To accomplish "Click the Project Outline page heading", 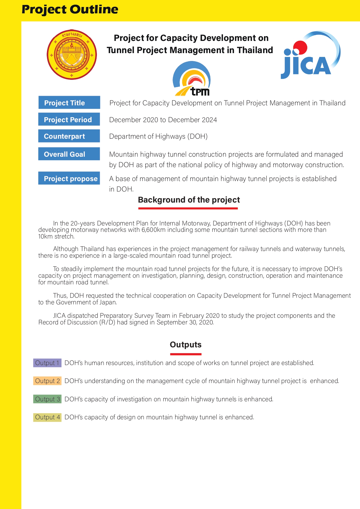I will pyautogui.click(x=70, y=10).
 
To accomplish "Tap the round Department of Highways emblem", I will pyautogui.click(x=72, y=55).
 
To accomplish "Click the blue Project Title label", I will pyautogui.click(x=69, y=103).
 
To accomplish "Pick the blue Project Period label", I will pyautogui.click(x=69, y=120).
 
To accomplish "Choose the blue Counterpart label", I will pyautogui.click(x=69, y=136).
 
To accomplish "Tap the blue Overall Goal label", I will pyautogui.click(x=69, y=154).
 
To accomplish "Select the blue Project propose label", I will pyautogui.click(x=69, y=178).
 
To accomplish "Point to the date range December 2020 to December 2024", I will pyautogui.click(x=163, y=120).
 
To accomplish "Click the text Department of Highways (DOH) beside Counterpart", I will pyautogui.click(x=158, y=136).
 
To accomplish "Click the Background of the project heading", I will pyautogui.click(x=189, y=200).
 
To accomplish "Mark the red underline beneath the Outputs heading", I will pyautogui.click(x=186, y=354).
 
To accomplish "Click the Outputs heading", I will pyautogui.click(x=186, y=345).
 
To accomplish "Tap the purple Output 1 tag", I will pyautogui.click(x=47, y=363).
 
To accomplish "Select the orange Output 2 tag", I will pyautogui.click(x=47, y=381).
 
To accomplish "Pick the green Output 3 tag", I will pyautogui.click(x=47, y=399).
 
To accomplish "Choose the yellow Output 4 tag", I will pyautogui.click(x=47, y=417).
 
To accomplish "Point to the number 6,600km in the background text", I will pyautogui.click(x=153, y=230).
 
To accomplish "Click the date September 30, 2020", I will pyautogui.click(x=185, y=322).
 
